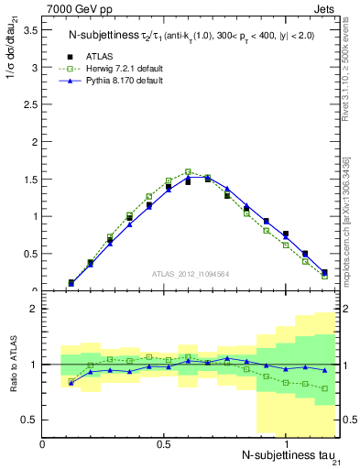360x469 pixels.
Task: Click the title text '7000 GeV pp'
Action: coord(74,10)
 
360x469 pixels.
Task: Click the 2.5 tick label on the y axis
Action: coord(30,104)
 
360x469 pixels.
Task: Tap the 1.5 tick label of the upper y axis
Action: coord(30,180)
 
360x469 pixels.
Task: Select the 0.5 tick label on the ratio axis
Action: coord(30,420)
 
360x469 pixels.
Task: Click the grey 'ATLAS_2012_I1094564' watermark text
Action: coord(191,272)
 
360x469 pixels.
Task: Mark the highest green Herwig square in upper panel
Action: coord(188,171)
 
